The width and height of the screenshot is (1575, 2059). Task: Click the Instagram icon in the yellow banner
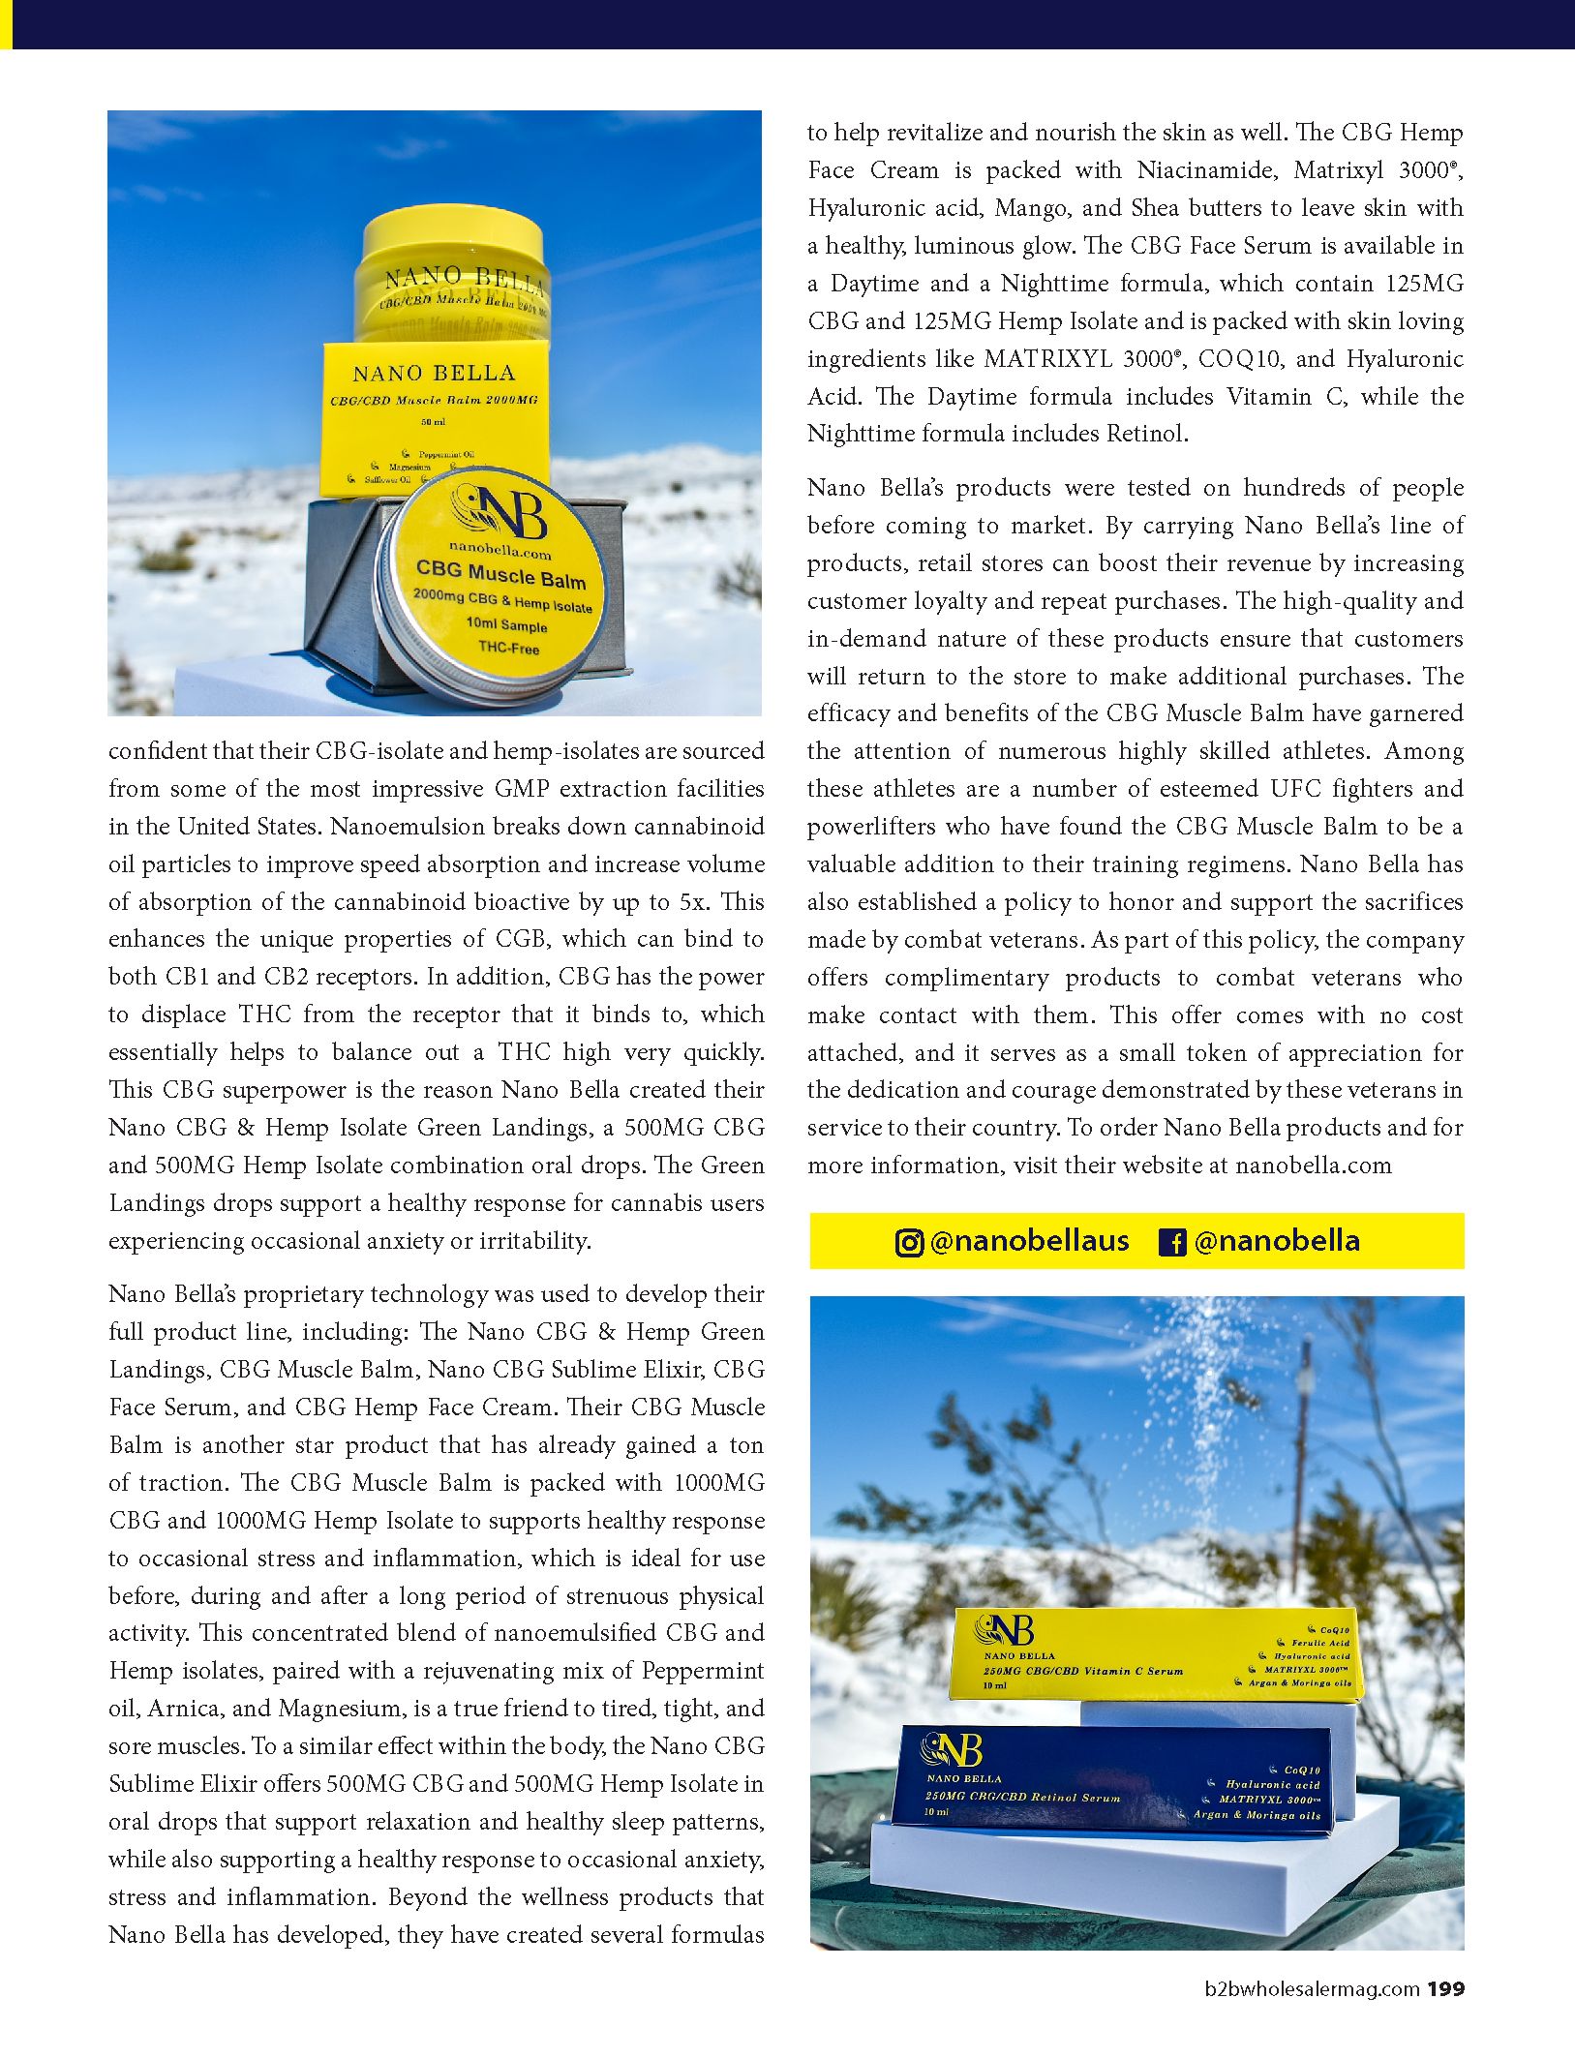908,1242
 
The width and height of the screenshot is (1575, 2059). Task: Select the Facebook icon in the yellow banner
1172,1242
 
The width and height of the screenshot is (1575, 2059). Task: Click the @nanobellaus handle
1028,1241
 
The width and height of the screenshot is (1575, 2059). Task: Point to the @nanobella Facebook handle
1277,1241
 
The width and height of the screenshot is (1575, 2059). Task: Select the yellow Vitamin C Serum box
1157,1654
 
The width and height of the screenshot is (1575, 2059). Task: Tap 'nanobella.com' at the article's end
1314,1166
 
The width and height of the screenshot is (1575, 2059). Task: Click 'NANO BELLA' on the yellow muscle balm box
434,374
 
